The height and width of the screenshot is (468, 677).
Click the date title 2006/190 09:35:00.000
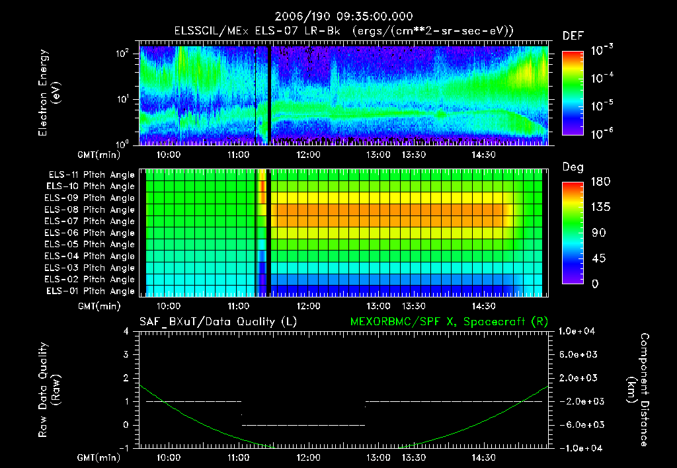pos(338,16)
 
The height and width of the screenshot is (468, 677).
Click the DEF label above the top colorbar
pos(572,36)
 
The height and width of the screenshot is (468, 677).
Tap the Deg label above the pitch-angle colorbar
pos(573,167)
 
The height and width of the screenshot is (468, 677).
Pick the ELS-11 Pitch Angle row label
pos(91,175)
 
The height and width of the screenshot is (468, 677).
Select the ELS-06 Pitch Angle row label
pos(91,233)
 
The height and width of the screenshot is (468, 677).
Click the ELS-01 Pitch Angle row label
pos(91,291)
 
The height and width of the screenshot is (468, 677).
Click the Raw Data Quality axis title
pos(49,390)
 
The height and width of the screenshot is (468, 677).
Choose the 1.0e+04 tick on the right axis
pos(577,331)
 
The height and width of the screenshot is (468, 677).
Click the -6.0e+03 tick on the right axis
pos(577,424)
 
